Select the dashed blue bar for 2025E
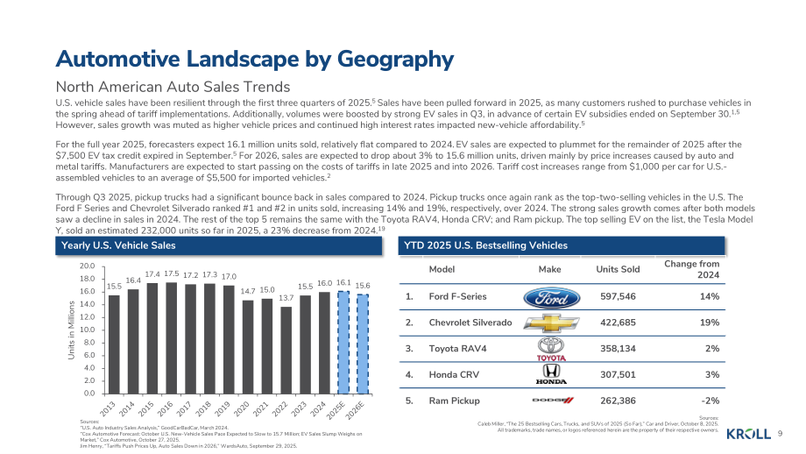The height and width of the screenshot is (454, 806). (x=343, y=343)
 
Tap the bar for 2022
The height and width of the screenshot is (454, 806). (x=286, y=350)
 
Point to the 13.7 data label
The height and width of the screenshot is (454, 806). (x=286, y=298)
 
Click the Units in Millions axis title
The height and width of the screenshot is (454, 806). (x=72, y=330)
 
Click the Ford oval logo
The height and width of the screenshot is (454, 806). (x=551, y=298)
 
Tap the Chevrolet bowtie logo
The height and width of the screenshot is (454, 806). (x=551, y=323)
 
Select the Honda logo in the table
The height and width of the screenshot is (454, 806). (x=551, y=374)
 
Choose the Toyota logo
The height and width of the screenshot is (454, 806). (x=551, y=349)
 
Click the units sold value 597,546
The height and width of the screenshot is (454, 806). (x=618, y=296)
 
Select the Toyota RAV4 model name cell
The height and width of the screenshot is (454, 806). (x=457, y=349)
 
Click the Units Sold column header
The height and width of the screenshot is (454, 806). (x=618, y=269)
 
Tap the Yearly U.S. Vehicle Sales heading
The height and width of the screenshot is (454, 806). (x=118, y=245)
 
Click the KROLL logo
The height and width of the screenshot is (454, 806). (x=748, y=435)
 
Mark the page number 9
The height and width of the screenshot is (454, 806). (x=780, y=434)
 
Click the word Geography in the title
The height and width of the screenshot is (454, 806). (x=395, y=59)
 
